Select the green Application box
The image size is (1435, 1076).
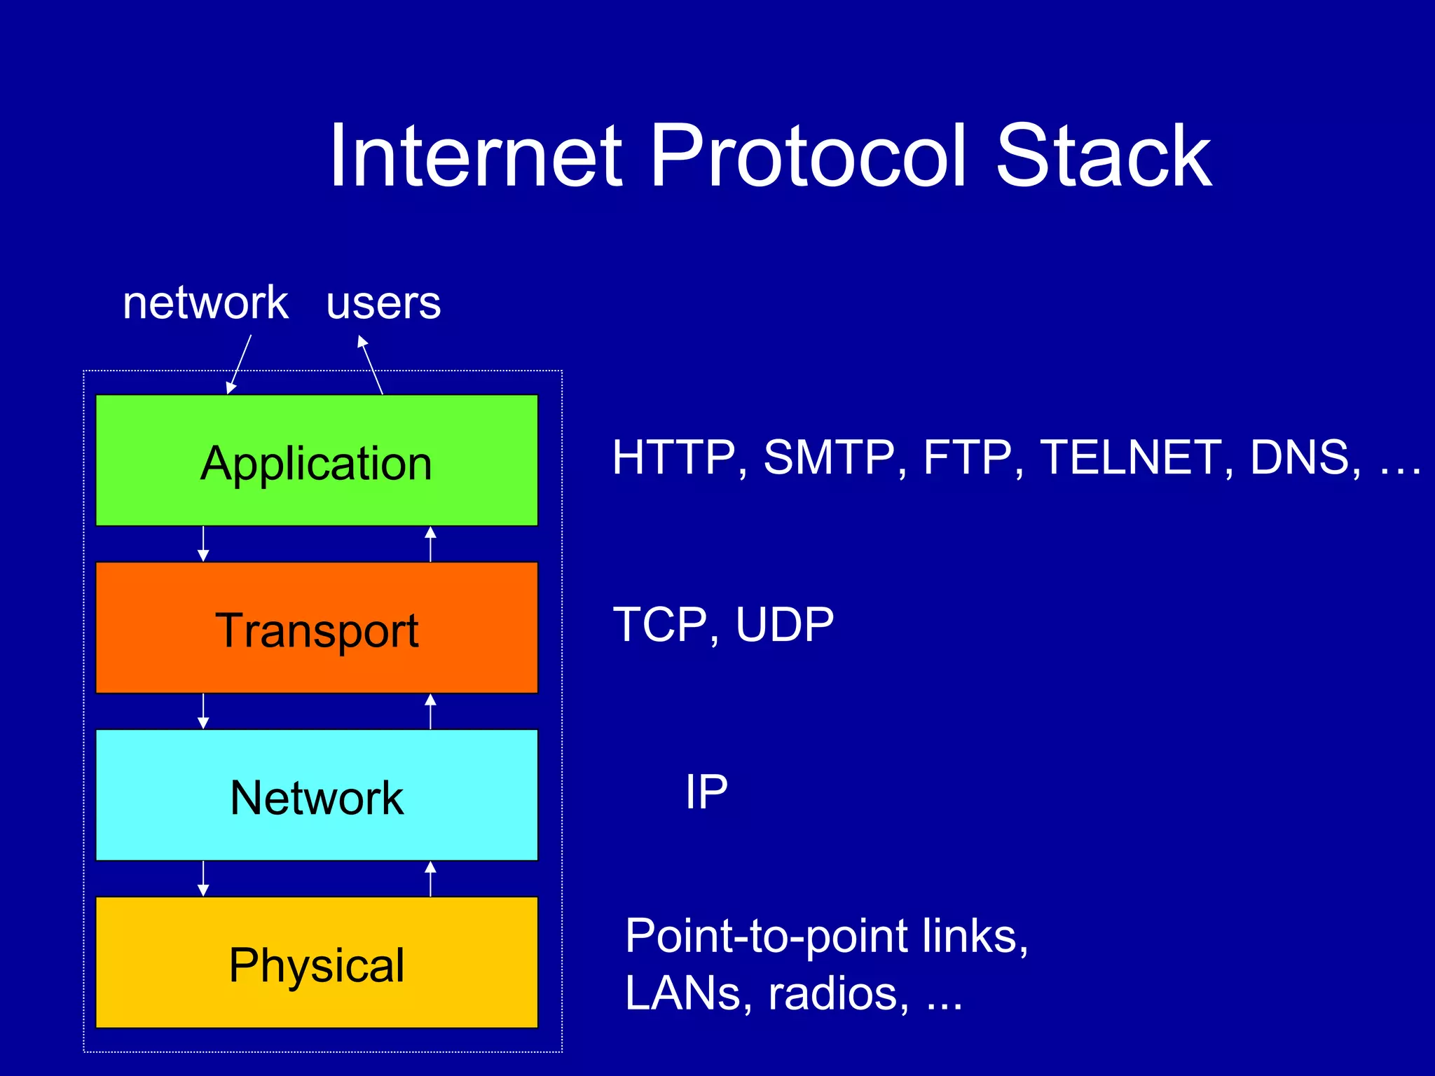pos(317,460)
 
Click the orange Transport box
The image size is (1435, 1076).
pos(317,628)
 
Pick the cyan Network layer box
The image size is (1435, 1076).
pos(317,795)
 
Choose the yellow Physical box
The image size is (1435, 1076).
pos(317,963)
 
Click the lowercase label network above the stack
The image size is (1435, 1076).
pos(205,303)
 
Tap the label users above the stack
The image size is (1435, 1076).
pos(383,305)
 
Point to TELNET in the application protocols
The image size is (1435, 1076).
pos(1130,458)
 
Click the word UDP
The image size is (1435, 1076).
pos(785,625)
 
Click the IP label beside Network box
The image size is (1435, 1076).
pos(706,792)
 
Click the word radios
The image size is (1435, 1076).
pos(834,994)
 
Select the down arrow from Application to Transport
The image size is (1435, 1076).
pos(203,544)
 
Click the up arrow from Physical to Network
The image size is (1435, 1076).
pos(430,878)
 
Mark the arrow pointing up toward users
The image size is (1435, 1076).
pos(371,364)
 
